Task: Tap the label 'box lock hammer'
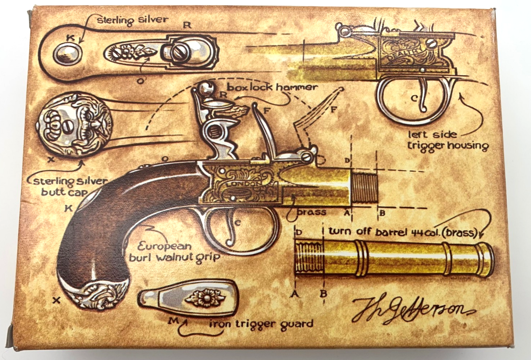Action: pyautogui.click(x=272, y=88)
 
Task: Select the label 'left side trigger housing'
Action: pyautogui.click(x=447, y=140)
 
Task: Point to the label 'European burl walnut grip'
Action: pyautogui.click(x=174, y=252)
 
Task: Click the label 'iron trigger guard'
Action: pyautogui.click(x=261, y=324)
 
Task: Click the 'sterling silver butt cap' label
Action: pyautogui.click(x=70, y=186)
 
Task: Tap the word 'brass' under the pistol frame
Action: pyautogui.click(x=312, y=212)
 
